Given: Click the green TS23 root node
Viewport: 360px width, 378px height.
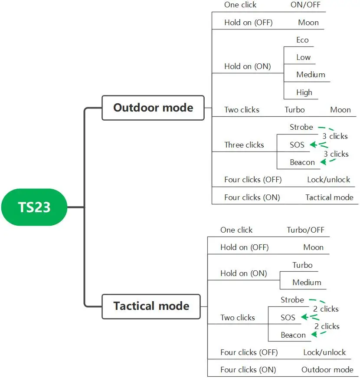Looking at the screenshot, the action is pyautogui.click(x=34, y=207).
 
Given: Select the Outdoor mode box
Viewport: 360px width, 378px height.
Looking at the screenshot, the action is pyautogui.click(x=153, y=108).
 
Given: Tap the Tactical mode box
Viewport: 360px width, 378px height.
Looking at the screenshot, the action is pyautogui.click(x=151, y=306).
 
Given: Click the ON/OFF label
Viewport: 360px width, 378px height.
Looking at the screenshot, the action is pyautogui.click(x=305, y=5).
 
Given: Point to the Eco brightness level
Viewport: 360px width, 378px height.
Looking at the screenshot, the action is pyautogui.click(x=302, y=40).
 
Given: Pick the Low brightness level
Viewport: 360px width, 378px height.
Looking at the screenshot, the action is pyautogui.click(x=303, y=57).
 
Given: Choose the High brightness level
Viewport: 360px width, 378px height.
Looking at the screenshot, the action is pyautogui.click(x=304, y=92).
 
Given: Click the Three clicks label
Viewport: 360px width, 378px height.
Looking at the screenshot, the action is pyautogui.click(x=244, y=145).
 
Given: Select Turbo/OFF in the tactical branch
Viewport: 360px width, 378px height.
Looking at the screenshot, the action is pyautogui.click(x=305, y=230).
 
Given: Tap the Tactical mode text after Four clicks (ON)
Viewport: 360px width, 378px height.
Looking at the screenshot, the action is pyautogui.click(x=329, y=197).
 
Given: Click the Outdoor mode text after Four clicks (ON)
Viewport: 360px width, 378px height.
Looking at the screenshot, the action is pyautogui.click(x=327, y=370).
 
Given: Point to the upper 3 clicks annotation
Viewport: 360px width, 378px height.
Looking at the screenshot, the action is pyautogui.click(x=335, y=136).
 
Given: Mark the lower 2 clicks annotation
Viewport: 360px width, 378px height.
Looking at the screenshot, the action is pyautogui.click(x=327, y=326).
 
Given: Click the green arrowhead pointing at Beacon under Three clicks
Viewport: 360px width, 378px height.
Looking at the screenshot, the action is pyautogui.click(x=324, y=162).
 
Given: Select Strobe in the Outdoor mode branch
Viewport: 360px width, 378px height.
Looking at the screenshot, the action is pyautogui.click(x=301, y=127).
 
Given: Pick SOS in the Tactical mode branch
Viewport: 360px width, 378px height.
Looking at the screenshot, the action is pyautogui.click(x=288, y=317).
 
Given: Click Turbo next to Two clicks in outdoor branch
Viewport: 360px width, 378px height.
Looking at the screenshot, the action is pyautogui.click(x=295, y=110).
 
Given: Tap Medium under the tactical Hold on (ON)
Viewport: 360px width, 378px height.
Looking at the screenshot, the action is pyautogui.click(x=307, y=282).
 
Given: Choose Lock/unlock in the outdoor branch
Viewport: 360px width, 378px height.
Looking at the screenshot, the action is pyautogui.click(x=328, y=180).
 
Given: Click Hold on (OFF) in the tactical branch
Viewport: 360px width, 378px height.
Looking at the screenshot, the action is pyautogui.click(x=244, y=247).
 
